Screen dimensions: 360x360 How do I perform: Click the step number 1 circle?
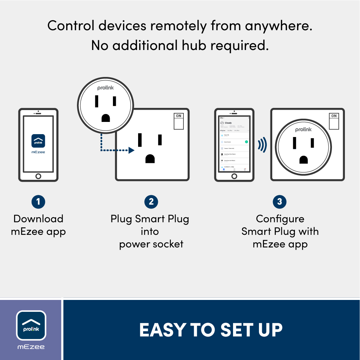[x=38, y=201]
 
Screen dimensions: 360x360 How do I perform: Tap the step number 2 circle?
[x=151, y=201]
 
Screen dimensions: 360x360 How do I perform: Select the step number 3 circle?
[x=280, y=201]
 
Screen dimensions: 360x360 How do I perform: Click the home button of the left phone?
[x=38, y=176]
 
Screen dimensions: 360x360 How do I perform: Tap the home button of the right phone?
[x=234, y=176]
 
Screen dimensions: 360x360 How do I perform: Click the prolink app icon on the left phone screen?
[x=38, y=141]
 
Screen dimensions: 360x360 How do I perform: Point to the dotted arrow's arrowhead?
[x=132, y=150]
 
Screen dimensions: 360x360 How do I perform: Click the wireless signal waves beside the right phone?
[x=262, y=145]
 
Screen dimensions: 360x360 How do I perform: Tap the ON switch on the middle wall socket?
[x=178, y=121]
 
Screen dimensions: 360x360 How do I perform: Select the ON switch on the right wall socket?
[x=334, y=121]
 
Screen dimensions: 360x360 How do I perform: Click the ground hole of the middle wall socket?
[x=150, y=158]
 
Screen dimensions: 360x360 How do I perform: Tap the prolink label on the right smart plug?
[x=304, y=129]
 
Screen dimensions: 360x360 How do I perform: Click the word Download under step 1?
[x=38, y=219]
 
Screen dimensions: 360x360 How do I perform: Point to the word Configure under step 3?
[x=280, y=219]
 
